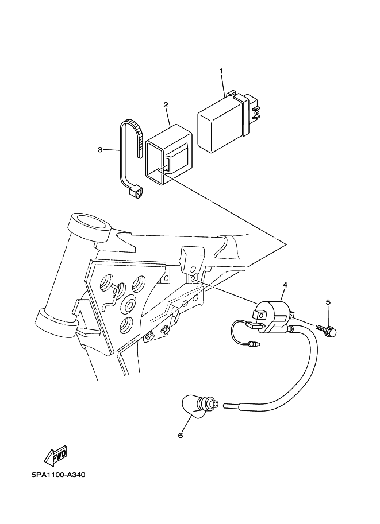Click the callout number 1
tap(221, 71)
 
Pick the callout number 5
tap(328, 302)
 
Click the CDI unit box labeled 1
tap(218, 123)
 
